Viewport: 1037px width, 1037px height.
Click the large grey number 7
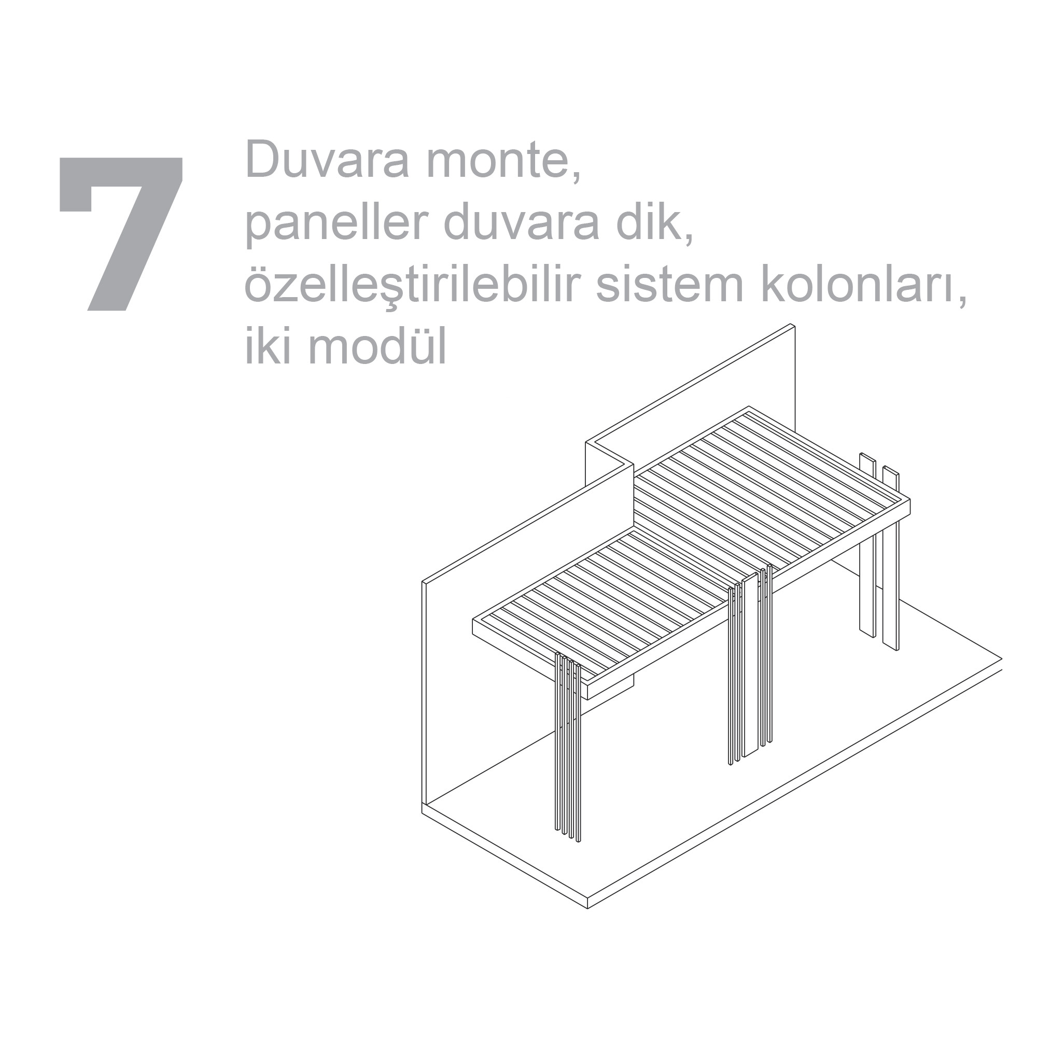121,233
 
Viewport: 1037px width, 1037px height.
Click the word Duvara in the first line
326,159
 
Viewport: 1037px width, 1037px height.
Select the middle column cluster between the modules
750,663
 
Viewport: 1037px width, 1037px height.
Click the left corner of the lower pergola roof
473,620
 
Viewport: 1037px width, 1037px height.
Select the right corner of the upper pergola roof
910,500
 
